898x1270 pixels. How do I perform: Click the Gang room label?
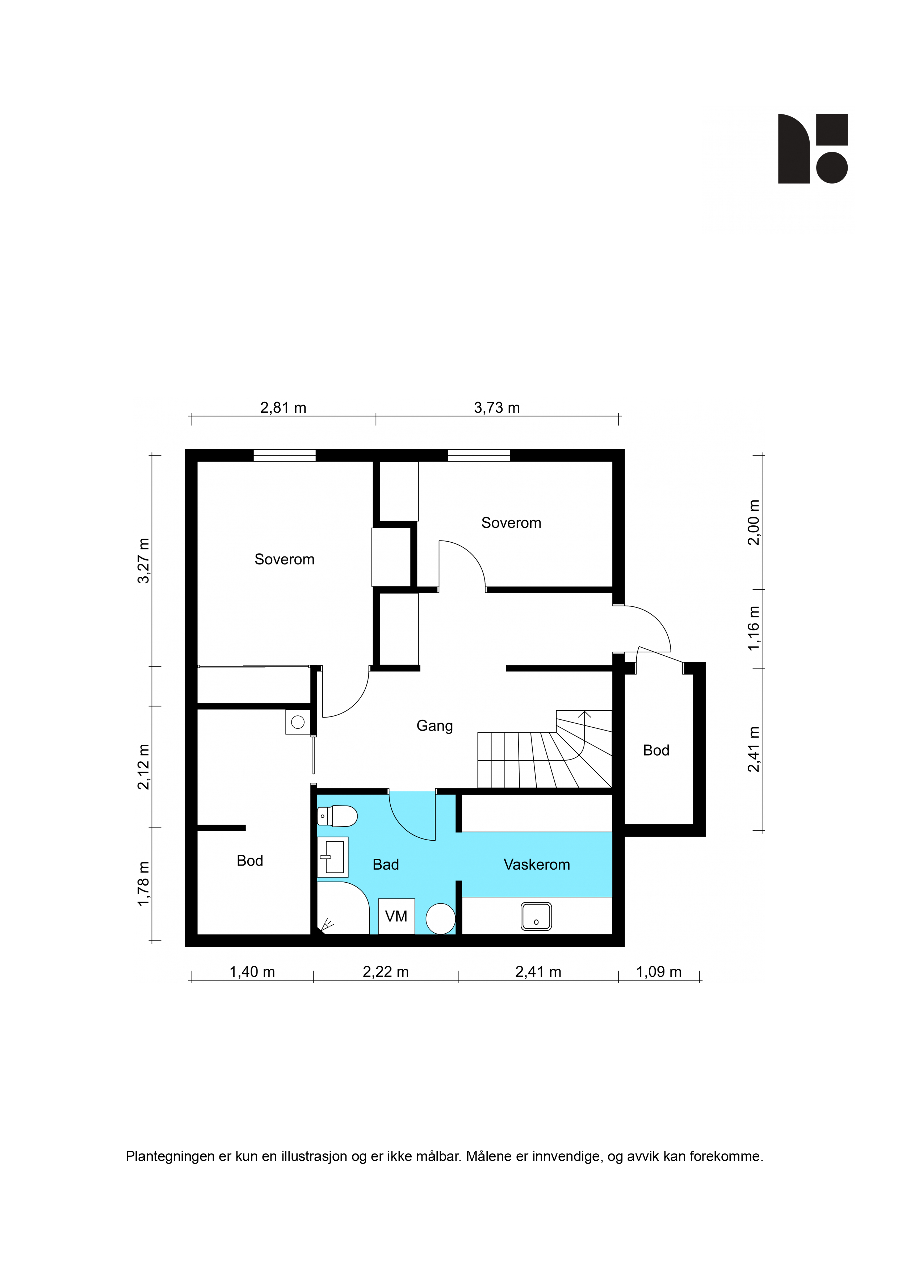coord(435,726)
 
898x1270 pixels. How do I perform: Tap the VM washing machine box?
coord(396,917)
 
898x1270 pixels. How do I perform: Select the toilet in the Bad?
coord(337,816)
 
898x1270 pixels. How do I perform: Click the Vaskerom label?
coord(537,865)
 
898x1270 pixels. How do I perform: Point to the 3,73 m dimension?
coord(497,408)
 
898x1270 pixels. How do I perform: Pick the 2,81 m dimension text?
coord(283,408)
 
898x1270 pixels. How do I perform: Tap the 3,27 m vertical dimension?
coord(144,560)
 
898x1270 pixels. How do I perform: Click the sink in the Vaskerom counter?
coord(536,917)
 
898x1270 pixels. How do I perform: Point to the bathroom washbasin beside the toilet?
coord(332,857)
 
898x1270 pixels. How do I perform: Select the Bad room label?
coord(386,865)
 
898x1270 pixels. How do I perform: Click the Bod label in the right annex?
coord(656,750)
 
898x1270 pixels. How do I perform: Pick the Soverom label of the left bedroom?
coord(284,559)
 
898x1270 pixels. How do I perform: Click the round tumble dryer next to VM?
coord(440,919)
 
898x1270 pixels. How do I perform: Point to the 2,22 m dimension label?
coord(386,972)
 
